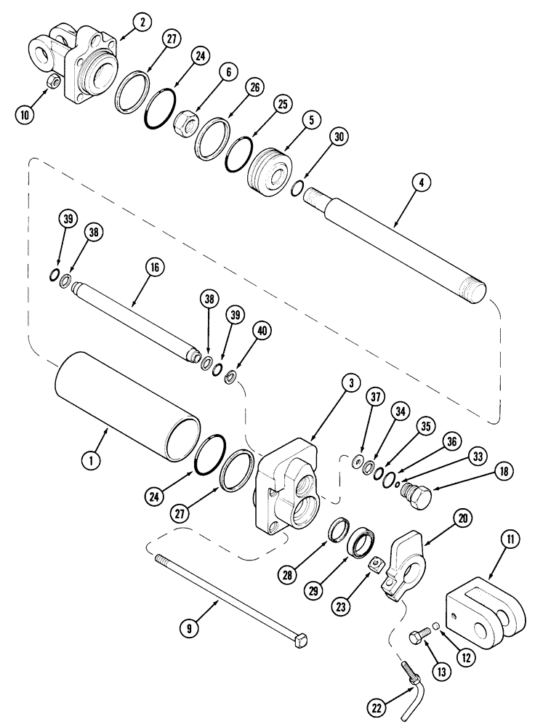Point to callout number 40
261,330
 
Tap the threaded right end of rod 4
483,288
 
